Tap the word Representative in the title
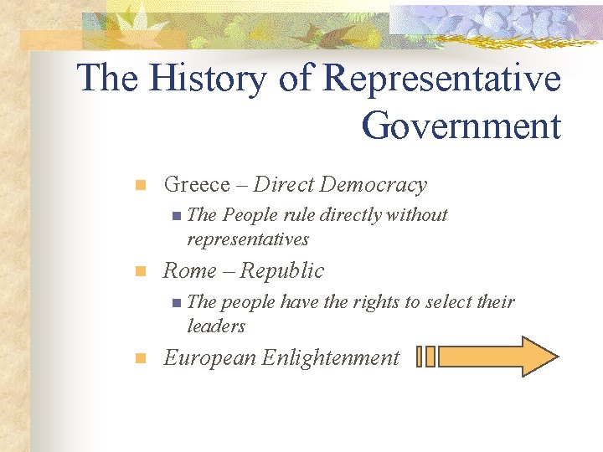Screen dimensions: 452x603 point(441,79)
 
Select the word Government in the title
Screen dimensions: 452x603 point(461,126)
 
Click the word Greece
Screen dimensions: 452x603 point(197,184)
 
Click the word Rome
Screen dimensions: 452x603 point(190,270)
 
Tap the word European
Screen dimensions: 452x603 point(209,358)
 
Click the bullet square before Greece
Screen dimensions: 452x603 point(142,185)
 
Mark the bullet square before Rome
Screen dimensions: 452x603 point(142,271)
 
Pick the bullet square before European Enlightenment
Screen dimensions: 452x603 point(142,358)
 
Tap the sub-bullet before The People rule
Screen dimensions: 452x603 point(174,216)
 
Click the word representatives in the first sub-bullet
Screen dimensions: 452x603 point(248,239)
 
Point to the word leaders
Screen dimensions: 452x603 point(216,326)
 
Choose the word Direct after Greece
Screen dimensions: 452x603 point(283,184)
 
